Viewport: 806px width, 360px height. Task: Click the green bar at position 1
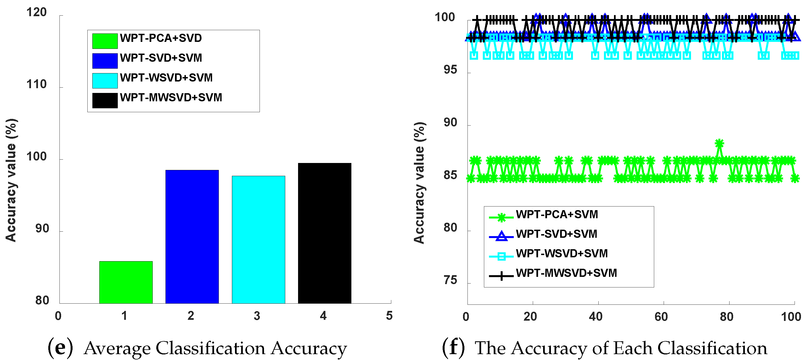pos(126,282)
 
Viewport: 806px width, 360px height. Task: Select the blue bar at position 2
pos(192,236)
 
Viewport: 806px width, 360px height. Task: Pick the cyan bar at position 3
pos(258,240)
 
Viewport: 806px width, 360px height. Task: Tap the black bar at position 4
pos(325,233)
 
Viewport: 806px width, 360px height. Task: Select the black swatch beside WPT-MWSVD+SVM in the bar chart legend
pos(105,100)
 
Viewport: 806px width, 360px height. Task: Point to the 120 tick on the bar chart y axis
pos(36,13)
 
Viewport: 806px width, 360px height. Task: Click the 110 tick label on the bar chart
pos(36,85)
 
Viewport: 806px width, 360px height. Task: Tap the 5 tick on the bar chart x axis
pos(389,316)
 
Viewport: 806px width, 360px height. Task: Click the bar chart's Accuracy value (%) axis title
pos(11,180)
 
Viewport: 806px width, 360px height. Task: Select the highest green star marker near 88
pos(719,143)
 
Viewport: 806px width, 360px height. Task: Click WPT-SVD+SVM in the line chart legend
pos(556,234)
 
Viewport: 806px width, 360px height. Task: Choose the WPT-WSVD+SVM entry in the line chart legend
pos(562,253)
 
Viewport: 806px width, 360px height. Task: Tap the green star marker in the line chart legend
pos(501,217)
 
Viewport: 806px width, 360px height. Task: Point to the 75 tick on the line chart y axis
pos(450,280)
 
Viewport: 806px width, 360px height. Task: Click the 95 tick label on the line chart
pos(450,70)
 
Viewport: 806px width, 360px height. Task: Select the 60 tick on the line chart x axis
pos(661,317)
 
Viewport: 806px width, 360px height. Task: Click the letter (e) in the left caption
pos(60,348)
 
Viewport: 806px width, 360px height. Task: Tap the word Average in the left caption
pos(117,349)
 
